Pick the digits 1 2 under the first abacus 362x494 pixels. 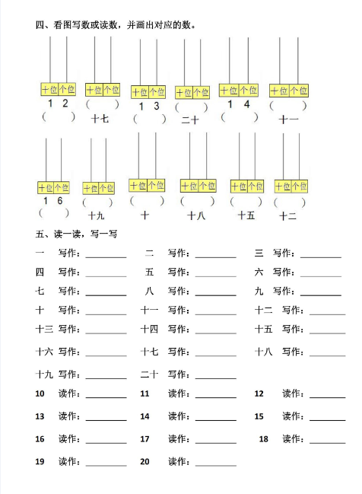(58, 104)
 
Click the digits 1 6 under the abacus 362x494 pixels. (53, 200)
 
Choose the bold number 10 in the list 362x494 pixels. (40, 394)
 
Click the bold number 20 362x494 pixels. (145, 461)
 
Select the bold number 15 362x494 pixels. (259, 416)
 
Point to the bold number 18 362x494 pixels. (264, 439)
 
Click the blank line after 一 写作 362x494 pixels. (106, 257)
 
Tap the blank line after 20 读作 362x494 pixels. (215, 464)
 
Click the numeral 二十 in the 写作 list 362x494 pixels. (149, 374)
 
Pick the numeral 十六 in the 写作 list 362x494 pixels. (43, 352)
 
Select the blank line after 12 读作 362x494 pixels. (326, 397)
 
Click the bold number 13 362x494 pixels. (40, 416)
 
